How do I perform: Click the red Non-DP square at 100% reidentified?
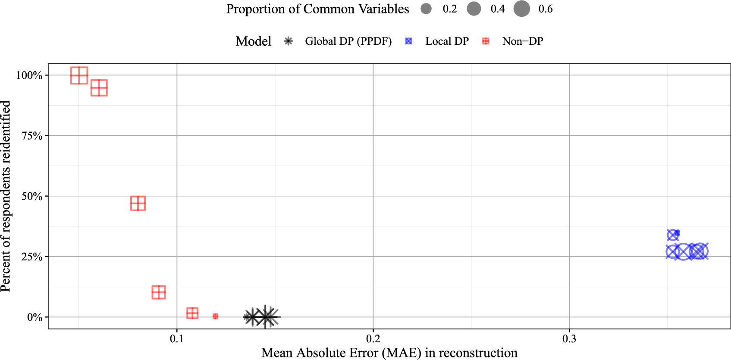[x=79, y=75]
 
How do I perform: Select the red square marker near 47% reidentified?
[x=138, y=203]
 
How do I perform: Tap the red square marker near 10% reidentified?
[x=159, y=292]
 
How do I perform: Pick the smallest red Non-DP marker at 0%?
[x=215, y=316]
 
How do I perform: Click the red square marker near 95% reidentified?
[x=99, y=88]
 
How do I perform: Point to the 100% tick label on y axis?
[x=29, y=75]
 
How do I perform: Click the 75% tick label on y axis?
[x=32, y=136]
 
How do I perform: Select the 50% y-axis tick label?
[x=32, y=197]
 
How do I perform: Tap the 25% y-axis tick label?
[x=32, y=257]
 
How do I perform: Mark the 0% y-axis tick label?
[x=35, y=317]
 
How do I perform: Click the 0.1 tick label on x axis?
[x=177, y=339]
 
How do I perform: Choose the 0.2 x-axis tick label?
[x=373, y=339]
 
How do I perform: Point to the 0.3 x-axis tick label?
[x=569, y=339]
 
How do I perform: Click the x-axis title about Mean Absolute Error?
[x=389, y=353]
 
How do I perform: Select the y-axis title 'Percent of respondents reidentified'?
[x=6, y=196]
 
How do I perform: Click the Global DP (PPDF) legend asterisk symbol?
[x=288, y=41]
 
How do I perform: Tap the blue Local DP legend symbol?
[x=408, y=41]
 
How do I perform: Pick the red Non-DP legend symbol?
[x=486, y=41]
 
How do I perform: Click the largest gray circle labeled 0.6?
[x=522, y=9]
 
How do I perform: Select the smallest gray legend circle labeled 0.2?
[x=426, y=9]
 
